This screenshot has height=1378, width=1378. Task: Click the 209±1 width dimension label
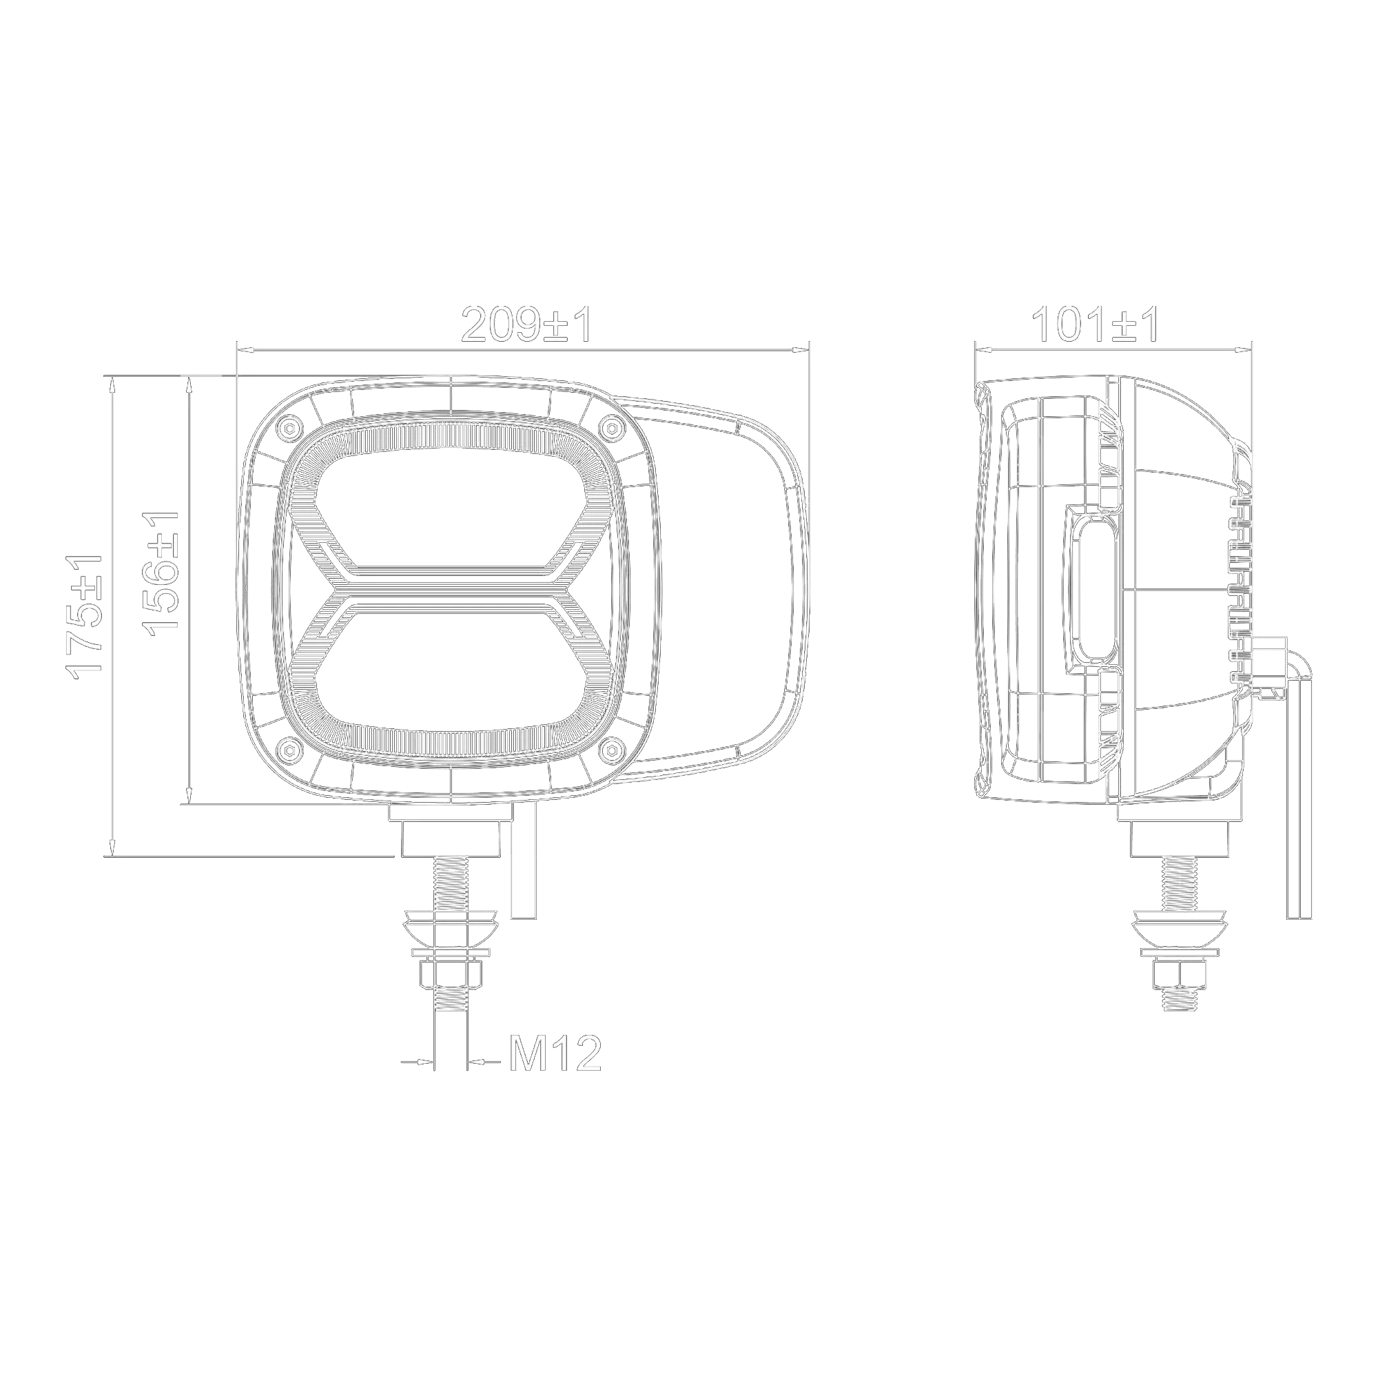click(526, 325)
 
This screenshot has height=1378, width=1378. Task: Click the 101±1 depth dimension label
click(1096, 325)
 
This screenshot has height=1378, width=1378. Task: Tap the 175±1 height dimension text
click(85, 613)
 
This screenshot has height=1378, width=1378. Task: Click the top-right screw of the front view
click(610, 428)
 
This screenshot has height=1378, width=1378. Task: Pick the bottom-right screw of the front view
click(610, 749)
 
